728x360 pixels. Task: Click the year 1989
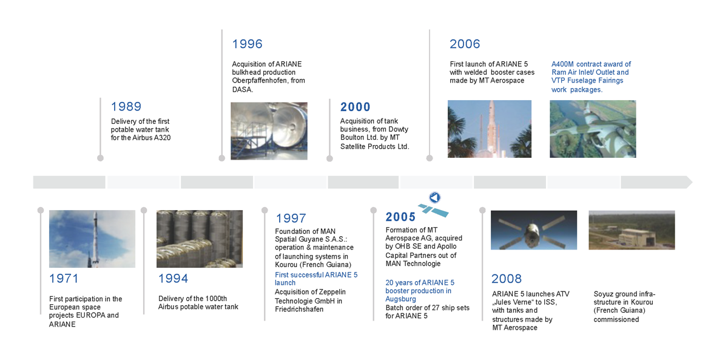(x=126, y=107)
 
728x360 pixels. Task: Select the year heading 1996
(x=247, y=44)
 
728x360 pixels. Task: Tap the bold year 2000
(x=356, y=107)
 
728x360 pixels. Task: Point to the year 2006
(x=465, y=44)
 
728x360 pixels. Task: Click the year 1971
(x=64, y=279)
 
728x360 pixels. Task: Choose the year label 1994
(x=174, y=279)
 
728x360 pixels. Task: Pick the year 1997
(x=291, y=218)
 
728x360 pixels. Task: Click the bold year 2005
(x=400, y=217)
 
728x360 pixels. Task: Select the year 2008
(x=507, y=279)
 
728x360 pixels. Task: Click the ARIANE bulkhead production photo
(x=269, y=131)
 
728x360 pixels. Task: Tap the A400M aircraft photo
(x=593, y=129)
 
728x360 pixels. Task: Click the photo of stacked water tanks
(x=200, y=239)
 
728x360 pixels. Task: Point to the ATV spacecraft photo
(x=534, y=230)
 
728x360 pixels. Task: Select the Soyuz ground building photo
(x=632, y=230)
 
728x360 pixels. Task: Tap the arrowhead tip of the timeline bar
(x=692, y=182)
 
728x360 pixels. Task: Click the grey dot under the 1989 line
(x=101, y=158)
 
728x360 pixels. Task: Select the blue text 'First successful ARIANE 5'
(x=316, y=275)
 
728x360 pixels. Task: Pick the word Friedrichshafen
(x=299, y=309)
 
